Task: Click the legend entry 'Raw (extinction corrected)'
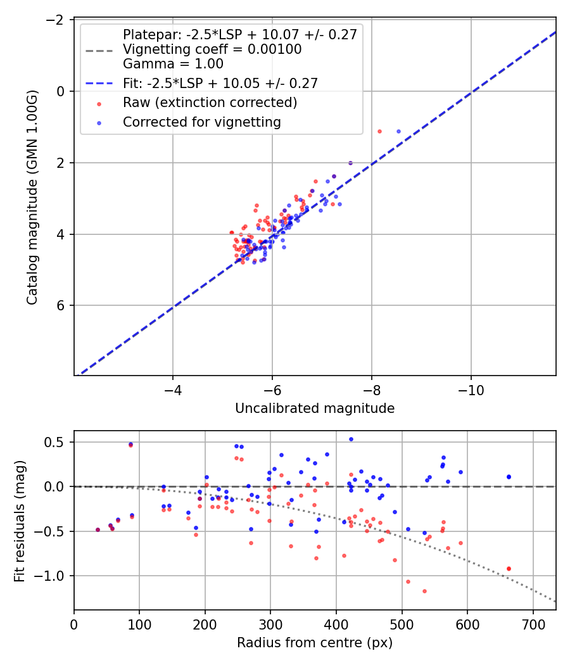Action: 210,102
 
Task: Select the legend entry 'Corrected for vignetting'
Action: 202,122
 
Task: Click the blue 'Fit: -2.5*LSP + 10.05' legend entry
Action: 220,83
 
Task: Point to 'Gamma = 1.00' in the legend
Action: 173,64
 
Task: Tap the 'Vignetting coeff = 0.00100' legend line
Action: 212,49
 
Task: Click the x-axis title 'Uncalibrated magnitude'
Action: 315,408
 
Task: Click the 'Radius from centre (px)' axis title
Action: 315,643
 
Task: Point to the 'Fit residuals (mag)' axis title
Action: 20,521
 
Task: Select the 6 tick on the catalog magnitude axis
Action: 62,305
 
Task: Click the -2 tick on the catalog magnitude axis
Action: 58,20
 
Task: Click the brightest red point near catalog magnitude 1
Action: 379,131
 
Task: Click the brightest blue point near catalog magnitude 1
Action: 398,131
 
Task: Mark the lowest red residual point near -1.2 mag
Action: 424,591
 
